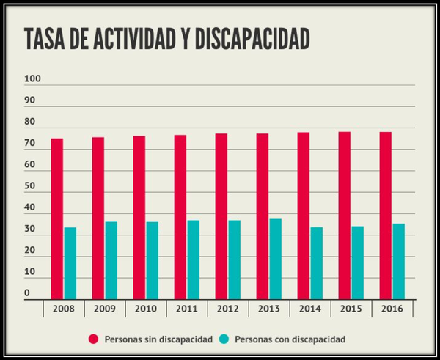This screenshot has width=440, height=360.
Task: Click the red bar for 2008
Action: click(56, 218)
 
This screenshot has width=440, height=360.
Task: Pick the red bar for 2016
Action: click(385, 216)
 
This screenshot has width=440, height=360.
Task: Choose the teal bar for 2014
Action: click(316, 263)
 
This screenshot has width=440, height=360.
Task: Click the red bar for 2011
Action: click(180, 217)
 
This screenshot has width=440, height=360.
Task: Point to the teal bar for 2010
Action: click(152, 260)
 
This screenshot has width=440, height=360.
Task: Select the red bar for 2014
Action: click(303, 216)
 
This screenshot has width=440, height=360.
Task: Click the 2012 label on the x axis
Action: click(227, 309)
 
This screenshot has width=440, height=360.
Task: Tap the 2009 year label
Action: click(104, 309)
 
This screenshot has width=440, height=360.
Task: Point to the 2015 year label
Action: click(351, 309)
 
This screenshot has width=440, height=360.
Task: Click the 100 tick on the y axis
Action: click(33, 79)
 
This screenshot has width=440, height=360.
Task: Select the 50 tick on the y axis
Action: click(30, 186)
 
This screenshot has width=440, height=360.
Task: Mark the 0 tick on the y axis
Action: click(27, 293)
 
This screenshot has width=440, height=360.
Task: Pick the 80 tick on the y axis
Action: click(30, 122)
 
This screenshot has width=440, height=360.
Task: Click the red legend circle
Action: click(94, 339)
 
